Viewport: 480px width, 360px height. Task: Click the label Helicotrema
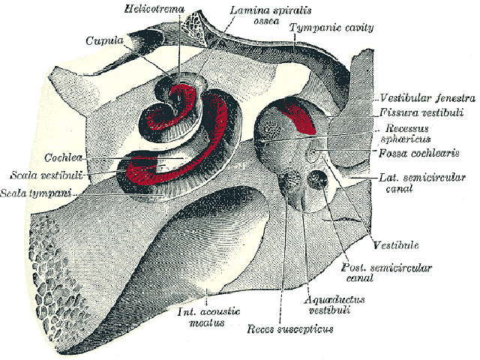click(154, 9)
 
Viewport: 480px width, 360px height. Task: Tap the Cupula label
click(105, 40)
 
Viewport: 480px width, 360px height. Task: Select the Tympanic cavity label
click(331, 28)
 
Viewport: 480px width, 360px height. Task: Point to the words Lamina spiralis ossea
click(270, 15)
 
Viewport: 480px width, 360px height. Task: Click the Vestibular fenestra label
click(427, 98)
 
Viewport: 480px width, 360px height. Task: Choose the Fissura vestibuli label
click(421, 112)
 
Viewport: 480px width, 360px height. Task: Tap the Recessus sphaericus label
click(406, 133)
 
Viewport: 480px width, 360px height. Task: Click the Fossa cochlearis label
click(418, 153)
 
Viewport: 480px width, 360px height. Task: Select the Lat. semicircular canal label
click(422, 183)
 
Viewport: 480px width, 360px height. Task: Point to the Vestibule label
click(396, 245)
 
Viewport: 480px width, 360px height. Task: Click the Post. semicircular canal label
click(386, 273)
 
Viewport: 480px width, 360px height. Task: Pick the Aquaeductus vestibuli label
click(334, 304)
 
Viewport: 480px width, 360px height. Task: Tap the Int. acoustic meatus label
click(208, 317)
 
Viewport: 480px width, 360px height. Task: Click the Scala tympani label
click(36, 193)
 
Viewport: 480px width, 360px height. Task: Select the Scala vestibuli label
click(46, 175)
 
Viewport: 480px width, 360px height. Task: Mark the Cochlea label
click(63, 157)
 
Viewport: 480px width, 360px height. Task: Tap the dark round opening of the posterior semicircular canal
click(318, 179)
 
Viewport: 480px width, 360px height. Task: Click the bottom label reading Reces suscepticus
click(290, 329)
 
